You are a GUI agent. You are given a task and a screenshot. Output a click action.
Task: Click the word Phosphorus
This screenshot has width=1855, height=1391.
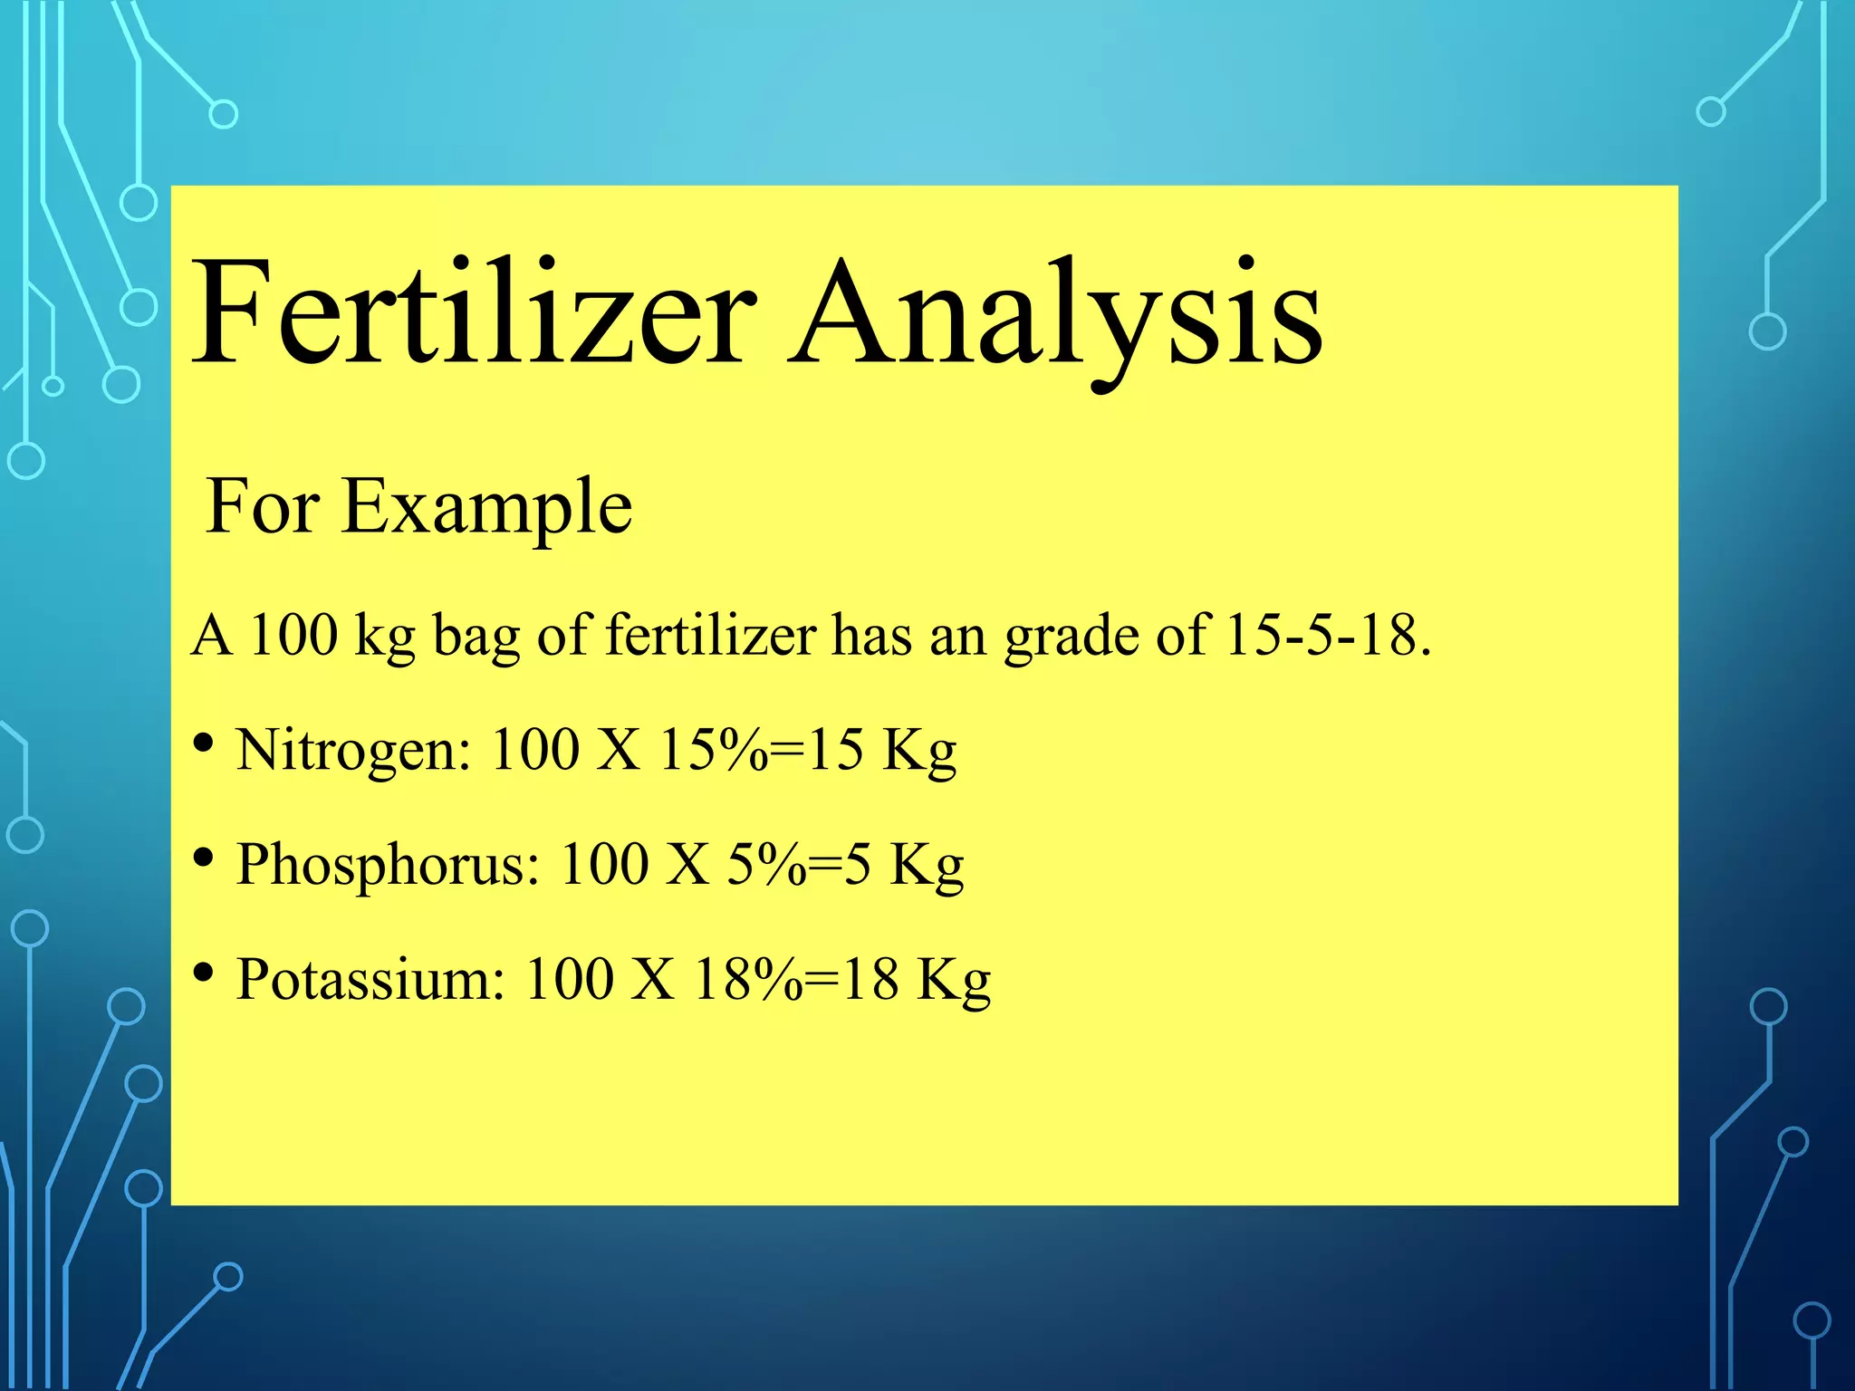[388, 864]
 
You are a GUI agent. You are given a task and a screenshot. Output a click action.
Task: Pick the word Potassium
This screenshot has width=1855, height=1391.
[370, 979]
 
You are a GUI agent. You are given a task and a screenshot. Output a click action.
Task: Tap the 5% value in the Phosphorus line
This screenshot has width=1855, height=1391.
[766, 864]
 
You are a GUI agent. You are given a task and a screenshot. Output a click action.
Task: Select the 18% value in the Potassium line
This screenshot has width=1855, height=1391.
[748, 979]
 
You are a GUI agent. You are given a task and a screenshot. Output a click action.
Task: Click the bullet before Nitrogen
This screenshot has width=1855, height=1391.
[204, 743]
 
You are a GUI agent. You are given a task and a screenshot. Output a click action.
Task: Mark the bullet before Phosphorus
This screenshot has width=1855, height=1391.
[204, 858]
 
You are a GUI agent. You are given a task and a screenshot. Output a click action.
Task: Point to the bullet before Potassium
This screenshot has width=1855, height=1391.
[204, 973]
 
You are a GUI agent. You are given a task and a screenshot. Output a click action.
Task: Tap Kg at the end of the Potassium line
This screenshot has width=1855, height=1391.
[954, 981]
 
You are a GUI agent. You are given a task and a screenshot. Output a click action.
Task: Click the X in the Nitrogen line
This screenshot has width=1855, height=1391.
[619, 750]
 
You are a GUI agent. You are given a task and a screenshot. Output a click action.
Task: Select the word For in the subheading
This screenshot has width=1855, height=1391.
[263, 506]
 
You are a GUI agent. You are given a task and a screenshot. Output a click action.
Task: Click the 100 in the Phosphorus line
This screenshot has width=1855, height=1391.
[604, 864]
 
